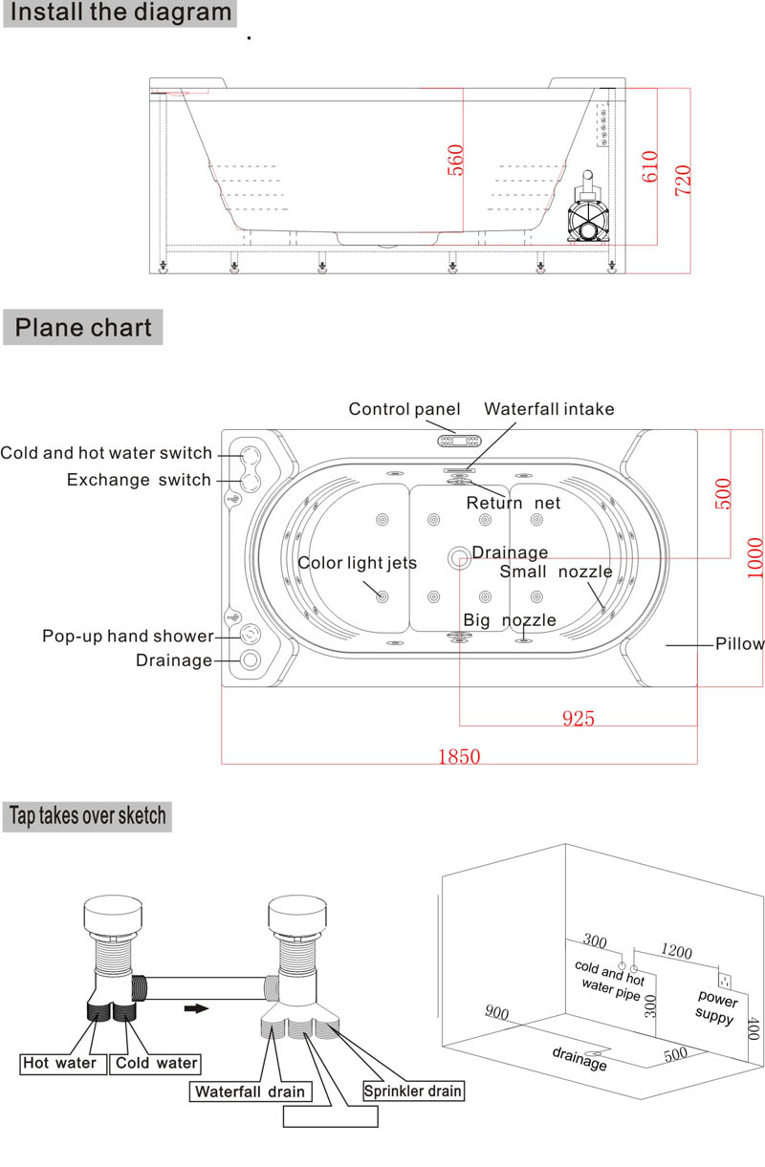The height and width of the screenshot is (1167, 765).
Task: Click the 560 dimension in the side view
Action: point(455,160)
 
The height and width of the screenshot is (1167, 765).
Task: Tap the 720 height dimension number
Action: point(683,181)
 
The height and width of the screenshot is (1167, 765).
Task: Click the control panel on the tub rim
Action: point(459,442)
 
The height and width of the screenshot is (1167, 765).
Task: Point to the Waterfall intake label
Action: point(549,409)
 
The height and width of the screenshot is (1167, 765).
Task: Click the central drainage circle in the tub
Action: point(459,558)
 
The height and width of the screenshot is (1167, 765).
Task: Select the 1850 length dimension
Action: point(459,756)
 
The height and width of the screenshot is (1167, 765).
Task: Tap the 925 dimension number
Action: point(578,719)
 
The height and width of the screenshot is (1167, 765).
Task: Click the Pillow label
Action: point(739,644)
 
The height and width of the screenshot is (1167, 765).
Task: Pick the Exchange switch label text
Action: point(139,479)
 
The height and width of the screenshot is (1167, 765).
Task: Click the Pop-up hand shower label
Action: point(128,637)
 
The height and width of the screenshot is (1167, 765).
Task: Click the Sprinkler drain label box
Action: point(413,1091)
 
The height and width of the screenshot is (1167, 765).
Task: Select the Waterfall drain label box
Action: point(251,1091)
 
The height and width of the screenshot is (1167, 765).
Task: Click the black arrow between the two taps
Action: point(196,1008)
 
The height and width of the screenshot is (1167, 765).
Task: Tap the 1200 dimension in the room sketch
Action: point(676,951)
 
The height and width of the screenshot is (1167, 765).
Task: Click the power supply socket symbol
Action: point(724,981)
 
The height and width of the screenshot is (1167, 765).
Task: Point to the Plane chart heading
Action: point(83,327)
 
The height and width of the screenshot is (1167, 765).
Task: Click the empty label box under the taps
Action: point(331,1116)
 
